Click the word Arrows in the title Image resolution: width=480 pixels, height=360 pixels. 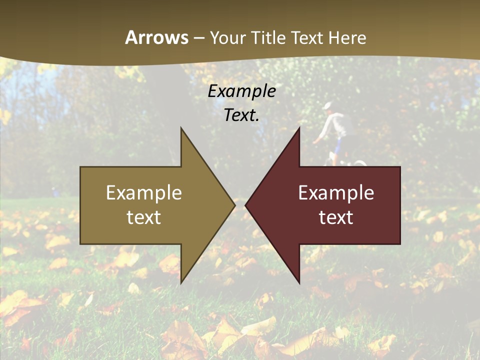[x=157, y=37]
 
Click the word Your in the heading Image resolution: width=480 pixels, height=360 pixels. [x=227, y=38]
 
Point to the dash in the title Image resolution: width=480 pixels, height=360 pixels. [x=198, y=38]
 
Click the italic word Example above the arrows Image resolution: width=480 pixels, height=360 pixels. [x=241, y=91]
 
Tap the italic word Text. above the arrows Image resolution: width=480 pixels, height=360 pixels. [x=241, y=115]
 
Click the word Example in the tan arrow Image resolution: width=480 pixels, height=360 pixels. [x=144, y=193]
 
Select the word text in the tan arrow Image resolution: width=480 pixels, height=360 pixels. [x=144, y=217]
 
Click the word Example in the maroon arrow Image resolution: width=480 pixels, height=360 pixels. [x=336, y=193]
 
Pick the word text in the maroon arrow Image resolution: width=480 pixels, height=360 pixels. [x=336, y=217]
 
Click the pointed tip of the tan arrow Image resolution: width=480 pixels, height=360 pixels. [x=233, y=205]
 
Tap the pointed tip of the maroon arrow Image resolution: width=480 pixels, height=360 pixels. [x=246, y=205]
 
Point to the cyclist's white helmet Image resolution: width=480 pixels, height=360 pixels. [x=328, y=105]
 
